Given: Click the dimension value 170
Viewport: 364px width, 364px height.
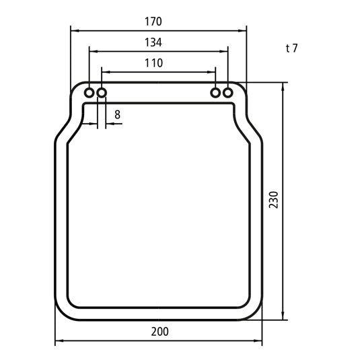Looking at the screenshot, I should click(153, 22).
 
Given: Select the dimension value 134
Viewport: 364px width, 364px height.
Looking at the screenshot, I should click(153, 42).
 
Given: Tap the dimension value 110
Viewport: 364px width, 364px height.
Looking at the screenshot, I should click(153, 63).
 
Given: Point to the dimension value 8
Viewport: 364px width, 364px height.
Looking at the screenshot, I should click(118, 114).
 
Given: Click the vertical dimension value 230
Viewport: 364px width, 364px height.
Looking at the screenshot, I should click(273, 201).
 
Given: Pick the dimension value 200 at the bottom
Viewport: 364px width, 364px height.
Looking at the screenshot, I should click(159, 332).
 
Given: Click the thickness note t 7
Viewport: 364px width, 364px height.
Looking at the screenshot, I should click(292, 48).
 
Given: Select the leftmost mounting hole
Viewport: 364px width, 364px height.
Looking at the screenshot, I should click(89, 92).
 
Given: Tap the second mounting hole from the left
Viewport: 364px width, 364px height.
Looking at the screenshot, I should click(102, 92).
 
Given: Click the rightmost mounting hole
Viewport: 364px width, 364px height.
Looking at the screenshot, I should click(229, 92).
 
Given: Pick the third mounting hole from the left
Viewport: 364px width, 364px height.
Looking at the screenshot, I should click(216, 92).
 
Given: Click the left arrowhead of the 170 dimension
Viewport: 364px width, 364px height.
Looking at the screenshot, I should click(75, 30).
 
